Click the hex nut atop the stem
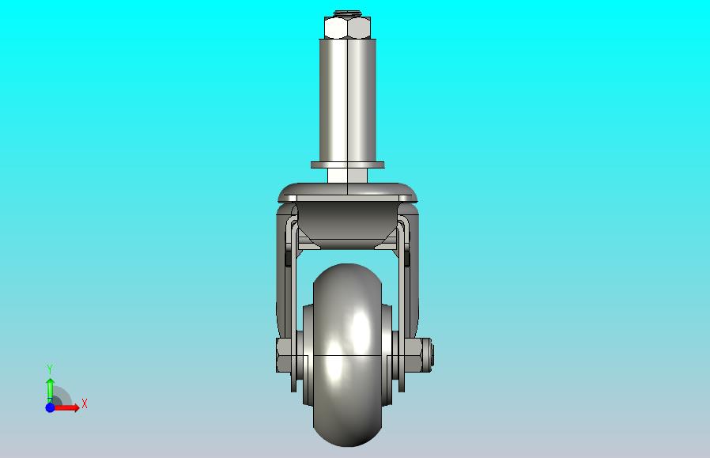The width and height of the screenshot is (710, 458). tap(347, 28)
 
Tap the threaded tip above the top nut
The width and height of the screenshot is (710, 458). tap(347, 13)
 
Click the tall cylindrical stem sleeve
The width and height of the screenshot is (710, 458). tap(347, 100)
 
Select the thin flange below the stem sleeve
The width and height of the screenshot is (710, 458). tap(347, 165)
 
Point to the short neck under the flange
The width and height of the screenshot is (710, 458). tap(347, 176)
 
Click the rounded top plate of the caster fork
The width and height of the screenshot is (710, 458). tap(347, 192)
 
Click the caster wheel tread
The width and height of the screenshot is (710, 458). tap(347, 354)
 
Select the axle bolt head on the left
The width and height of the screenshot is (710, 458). tap(285, 355)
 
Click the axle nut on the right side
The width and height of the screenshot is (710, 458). tap(413, 354)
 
